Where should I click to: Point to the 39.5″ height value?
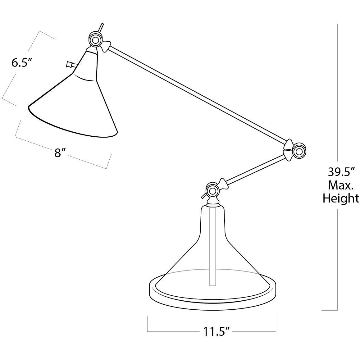340,172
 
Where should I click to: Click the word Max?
340,185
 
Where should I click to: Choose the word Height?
340,198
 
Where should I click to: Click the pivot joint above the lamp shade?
94,40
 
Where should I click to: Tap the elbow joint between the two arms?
299,151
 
